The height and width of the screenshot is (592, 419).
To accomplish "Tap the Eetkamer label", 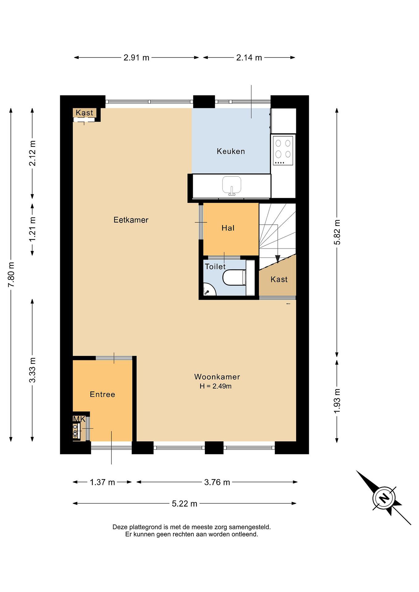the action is click(131, 220).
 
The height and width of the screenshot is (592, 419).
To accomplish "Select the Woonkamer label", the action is click(217, 377).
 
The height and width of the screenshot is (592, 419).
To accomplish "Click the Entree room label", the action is click(102, 394).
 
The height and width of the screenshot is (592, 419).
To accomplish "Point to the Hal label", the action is click(228, 228).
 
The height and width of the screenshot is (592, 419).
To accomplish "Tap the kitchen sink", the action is click(232, 186).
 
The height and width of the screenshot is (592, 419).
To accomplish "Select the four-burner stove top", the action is click(283, 151).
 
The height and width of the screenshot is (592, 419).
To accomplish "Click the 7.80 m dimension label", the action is click(11, 275).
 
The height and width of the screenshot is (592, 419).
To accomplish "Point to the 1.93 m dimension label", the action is click(337, 400).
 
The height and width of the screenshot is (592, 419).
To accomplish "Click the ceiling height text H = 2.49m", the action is click(215, 386).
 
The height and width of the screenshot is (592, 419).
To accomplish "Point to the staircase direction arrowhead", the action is click(278, 259).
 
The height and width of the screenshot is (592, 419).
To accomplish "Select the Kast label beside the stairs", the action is click(279, 280).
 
